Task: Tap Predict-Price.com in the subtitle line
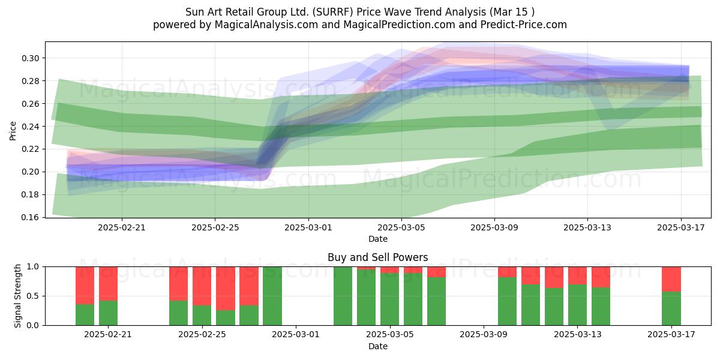[x=524, y=25]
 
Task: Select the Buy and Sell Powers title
[x=377, y=257]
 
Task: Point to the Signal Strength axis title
[x=17, y=296]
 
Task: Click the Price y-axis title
[x=13, y=131]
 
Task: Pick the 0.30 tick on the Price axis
[x=30, y=58]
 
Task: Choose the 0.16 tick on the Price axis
[x=30, y=217]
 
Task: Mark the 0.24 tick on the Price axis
[x=30, y=127]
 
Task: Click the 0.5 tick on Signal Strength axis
[x=33, y=296]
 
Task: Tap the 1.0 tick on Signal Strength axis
[x=33, y=267]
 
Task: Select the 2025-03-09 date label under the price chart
[x=494, y=227]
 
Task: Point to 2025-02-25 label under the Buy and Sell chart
[x=202, y=335]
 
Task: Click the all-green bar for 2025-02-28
[x=272, y=296]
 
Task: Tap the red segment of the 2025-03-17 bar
[x=671, y=280]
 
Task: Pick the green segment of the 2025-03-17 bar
[x=671, y=308]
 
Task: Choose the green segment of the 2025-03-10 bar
[x=507, y=301]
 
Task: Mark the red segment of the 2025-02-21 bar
[x=109, y=284]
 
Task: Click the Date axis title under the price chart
[x=377, y=239]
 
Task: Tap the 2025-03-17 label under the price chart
[x=681, y=227]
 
